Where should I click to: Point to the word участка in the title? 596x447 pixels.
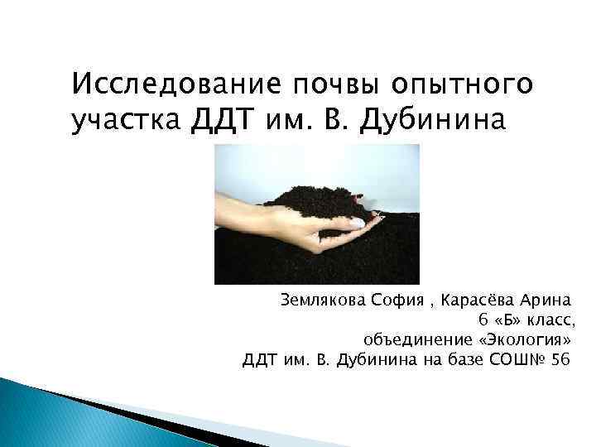(x=124, y=122)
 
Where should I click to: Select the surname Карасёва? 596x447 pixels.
(x=482, y=298)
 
